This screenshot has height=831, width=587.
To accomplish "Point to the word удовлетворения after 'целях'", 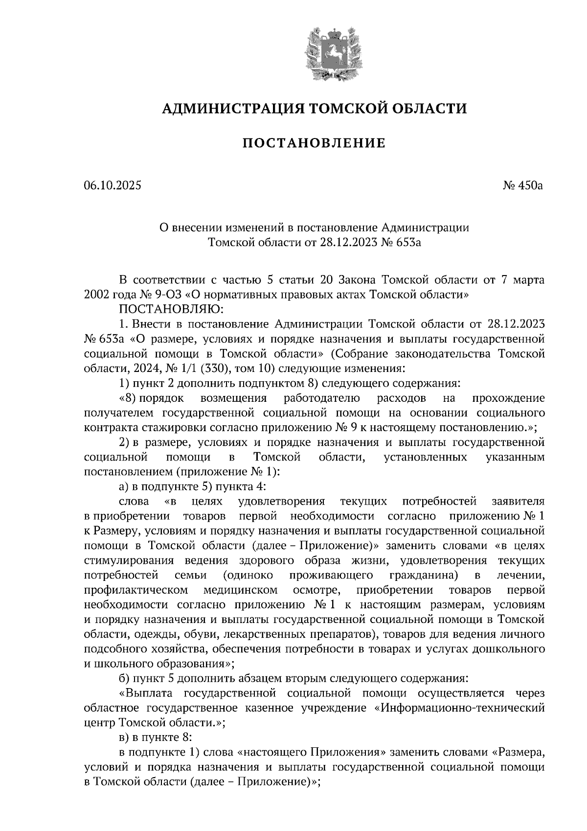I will [x=281, y=502].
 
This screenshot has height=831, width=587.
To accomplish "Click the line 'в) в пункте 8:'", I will [x=151, y=738].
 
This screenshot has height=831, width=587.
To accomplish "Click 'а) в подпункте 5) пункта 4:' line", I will [x=192, y=487].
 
